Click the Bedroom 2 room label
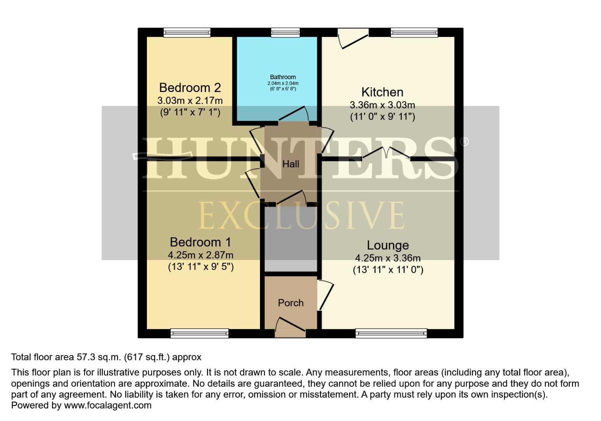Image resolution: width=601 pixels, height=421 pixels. [x=190, y=87]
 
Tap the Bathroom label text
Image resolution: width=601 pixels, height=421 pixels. [x=283, y=77]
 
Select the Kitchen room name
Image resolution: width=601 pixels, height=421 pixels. [x=382, y=92]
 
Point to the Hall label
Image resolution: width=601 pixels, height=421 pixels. [x=291, y=164]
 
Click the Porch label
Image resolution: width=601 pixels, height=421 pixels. [x=290, y=303]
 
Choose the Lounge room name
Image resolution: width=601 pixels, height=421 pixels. [x=388, y=245]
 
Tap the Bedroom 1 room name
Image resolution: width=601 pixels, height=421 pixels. [x=200, y=242]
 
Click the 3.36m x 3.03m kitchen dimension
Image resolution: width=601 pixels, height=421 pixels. [x=382, y=105]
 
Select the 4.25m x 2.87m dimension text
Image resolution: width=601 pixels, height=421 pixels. [x=200, y=255]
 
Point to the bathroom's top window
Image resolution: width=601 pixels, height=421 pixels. [x=285, y=33]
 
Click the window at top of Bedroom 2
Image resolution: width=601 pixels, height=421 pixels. [x=187, y=33]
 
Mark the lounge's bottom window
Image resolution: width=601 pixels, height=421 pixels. [x=391, y=333]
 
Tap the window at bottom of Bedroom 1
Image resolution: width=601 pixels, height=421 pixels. [x=199, y=333]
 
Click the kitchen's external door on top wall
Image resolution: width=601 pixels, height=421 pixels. [x=353, y=38]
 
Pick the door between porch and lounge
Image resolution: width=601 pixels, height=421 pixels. [x=325, y=295]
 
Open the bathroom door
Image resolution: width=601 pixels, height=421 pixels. [x=294, y=115]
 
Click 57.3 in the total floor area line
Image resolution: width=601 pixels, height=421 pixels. [x=74, y=357]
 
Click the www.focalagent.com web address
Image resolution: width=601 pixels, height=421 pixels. [x=108, y=405]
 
